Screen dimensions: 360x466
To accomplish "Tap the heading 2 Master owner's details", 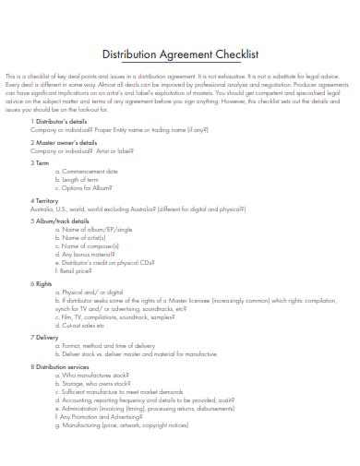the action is point(65,143).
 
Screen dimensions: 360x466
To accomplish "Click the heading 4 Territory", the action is point(46,199).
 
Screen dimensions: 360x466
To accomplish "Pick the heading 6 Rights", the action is point(44,283).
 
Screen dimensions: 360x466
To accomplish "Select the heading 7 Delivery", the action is point(47,338).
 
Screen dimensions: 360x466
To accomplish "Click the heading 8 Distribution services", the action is point(63,366).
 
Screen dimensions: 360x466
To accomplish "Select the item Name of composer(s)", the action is point(91,246).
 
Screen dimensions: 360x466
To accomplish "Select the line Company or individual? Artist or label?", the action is point(82,150).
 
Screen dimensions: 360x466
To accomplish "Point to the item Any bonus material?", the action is point(90,255).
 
